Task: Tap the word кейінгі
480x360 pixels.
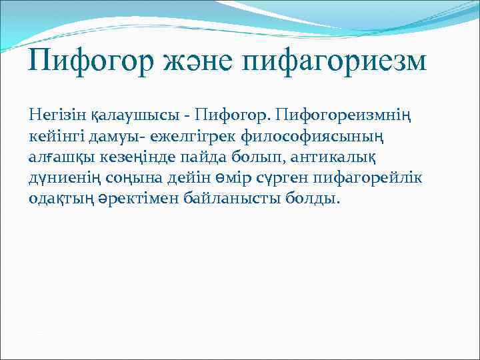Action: tap(55, 136)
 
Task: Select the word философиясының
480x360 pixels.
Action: tap(339, 136)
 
